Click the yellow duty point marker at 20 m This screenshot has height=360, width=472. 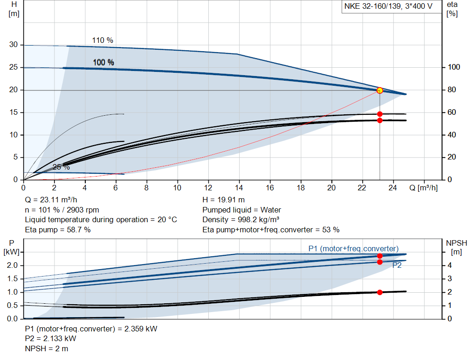(380, 90)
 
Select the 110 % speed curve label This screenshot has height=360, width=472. (102, 41)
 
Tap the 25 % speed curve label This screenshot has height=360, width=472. (61, 167)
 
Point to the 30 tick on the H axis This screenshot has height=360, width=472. (14, 45)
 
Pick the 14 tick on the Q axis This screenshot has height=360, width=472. (239, 188)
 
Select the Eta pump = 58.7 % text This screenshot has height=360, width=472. (58, 230)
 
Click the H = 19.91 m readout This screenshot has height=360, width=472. (224, 200)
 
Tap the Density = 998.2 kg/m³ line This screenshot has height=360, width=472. (241, 219)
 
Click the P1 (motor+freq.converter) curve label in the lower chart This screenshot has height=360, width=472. (354, 249)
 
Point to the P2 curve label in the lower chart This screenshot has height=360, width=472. (397, 266)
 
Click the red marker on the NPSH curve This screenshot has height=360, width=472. (380, 292)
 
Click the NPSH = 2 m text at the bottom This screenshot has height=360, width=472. (47, 348)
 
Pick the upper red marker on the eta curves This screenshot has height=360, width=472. (380, 114)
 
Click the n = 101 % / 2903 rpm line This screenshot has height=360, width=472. (62, 210)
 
